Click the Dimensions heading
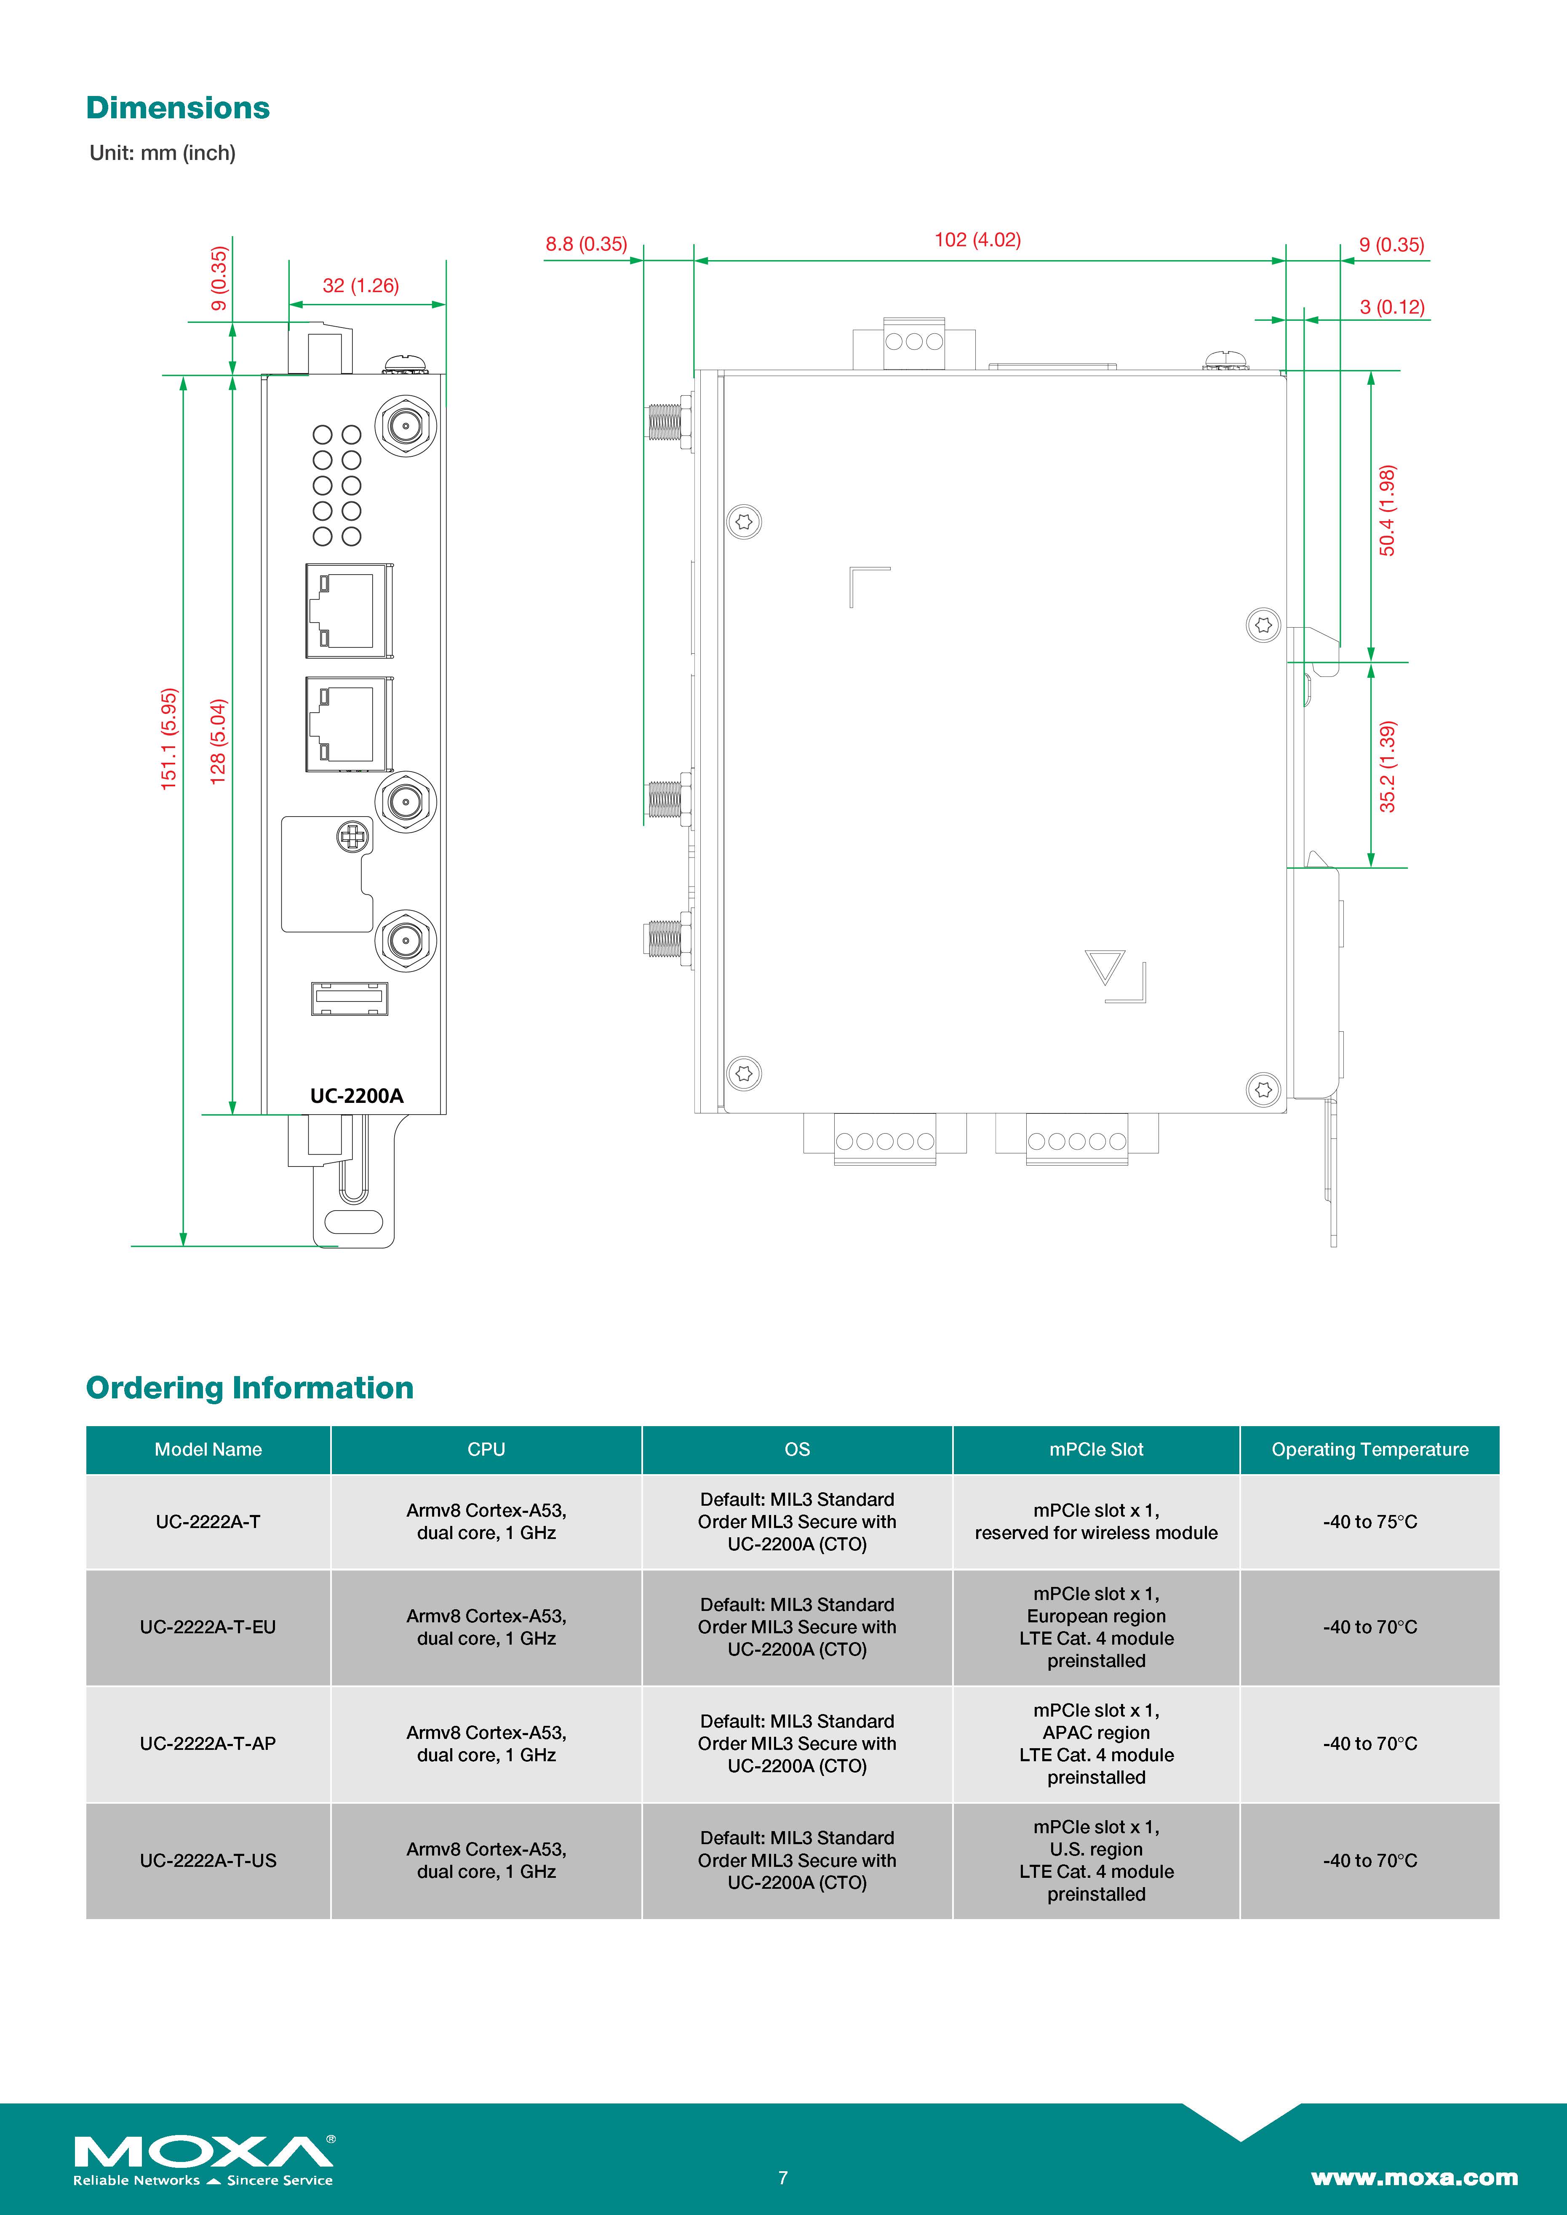click(x=178, y=108)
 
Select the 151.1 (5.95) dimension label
click(x=169, y=739)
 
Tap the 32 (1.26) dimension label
click(x=360, y=285)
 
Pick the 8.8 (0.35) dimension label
click(x=586, y=244)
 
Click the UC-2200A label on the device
click(x=356, y=1096)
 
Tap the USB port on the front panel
click(x=349, y=998)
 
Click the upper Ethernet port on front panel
click(x=348, y=611)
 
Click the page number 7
click(x=782, y=2178)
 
